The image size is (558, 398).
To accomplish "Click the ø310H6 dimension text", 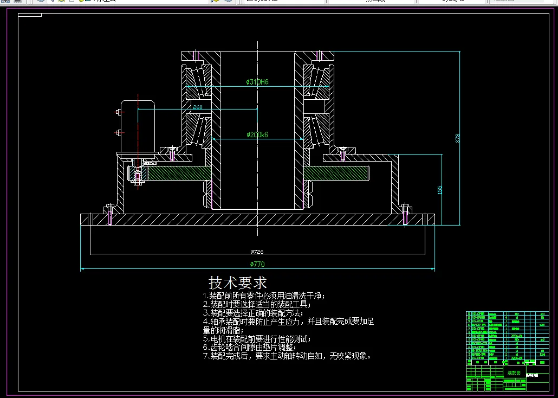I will coord(257,82).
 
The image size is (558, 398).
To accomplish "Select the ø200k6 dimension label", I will coord(257,134).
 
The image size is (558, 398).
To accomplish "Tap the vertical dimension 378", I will coord(457,138).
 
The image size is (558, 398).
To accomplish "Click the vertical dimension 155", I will coord(440,190).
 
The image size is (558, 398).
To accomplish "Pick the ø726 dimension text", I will coord(257,252).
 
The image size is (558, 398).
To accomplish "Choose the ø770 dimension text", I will coord(257,264).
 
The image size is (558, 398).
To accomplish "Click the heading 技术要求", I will coord(238,283).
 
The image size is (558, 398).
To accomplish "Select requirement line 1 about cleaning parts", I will coord(263,296).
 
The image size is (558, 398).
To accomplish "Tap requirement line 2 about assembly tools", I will coord(259,304).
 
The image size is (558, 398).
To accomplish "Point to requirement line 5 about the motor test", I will coord(257,339).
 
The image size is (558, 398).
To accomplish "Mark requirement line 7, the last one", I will coord(287,356).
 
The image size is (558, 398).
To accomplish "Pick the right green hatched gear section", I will coord(336,174).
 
